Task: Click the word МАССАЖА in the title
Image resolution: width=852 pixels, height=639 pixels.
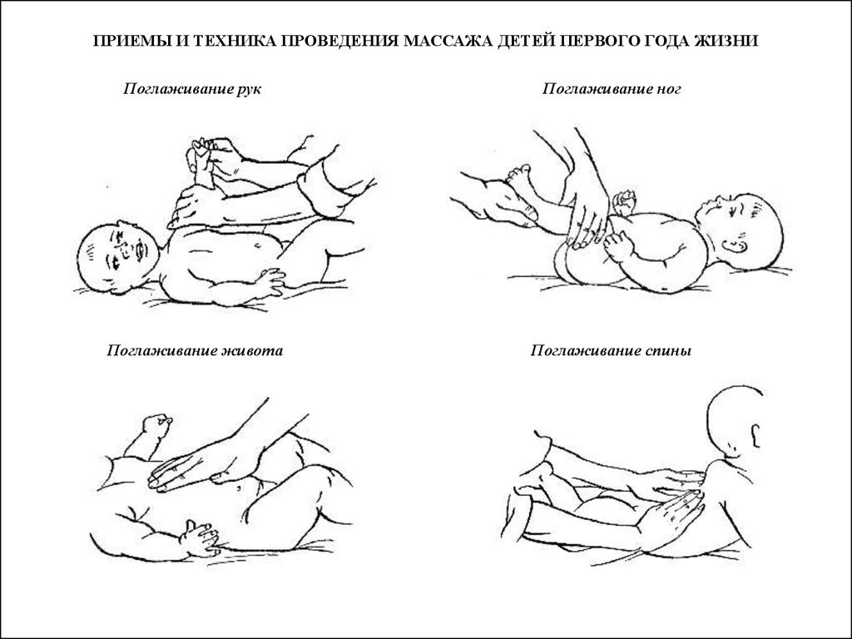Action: pyautogui.click(x=447, y=42)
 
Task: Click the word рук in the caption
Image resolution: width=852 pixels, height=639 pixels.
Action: pyautogui.click(x=248, y=89)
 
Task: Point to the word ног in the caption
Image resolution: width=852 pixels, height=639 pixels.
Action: pyautogui.click(x=668, y=89)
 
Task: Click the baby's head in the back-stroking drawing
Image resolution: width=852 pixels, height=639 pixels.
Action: pyautogui.click(x=736, y=420)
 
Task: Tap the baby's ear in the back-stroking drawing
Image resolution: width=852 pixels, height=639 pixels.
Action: pyautogui.click(x=755, y=435)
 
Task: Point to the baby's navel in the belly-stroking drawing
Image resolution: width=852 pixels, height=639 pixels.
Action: pyautogui.click(x=239, y=488)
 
